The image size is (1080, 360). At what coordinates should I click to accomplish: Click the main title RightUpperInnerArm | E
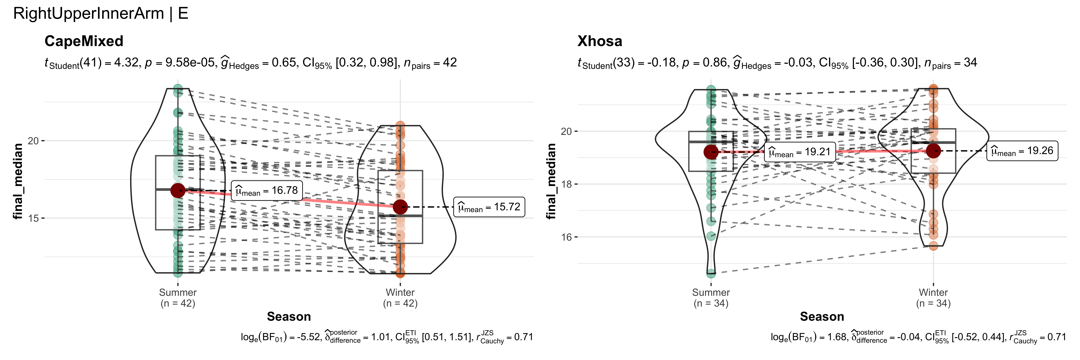(x=101, y=14)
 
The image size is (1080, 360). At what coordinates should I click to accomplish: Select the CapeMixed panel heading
(x=84, y=41)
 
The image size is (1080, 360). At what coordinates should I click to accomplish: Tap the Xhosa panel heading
(x=600, y=41)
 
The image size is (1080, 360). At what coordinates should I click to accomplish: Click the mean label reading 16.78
(x=267, y=191)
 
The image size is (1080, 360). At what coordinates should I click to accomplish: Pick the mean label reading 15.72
(x=489, y=207)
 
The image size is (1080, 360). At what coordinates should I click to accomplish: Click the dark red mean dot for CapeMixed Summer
(x=178, y=191)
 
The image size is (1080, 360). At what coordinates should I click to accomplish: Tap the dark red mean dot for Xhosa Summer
(x=711, y=152)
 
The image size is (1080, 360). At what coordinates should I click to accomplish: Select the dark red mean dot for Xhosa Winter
(x=933, y=151)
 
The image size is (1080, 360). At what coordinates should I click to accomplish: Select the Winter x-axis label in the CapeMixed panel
(x=400, y=292)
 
